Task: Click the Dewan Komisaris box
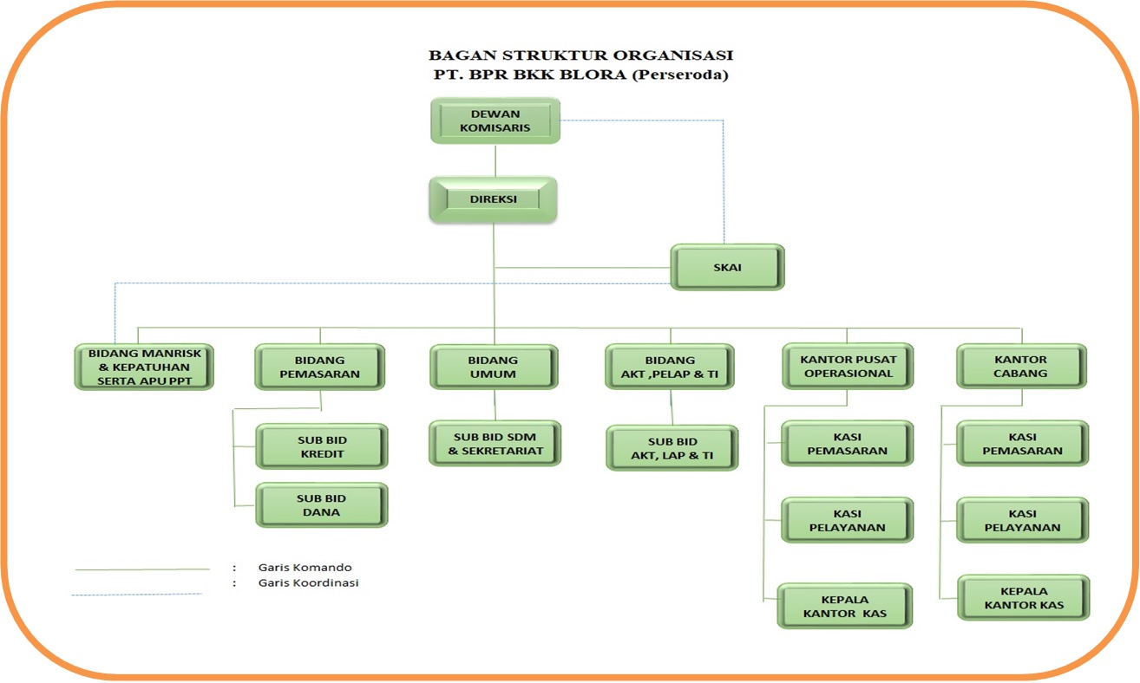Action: (495, 120)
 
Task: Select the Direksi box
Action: (493, 199)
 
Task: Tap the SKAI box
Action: (727, 267)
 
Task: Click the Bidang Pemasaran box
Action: (319, 367)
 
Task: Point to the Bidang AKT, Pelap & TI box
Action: (670, 367)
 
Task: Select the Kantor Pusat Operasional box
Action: (847, 367)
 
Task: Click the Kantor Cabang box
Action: (1021, 367)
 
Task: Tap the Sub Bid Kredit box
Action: (321, 446)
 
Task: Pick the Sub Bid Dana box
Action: (321, 505)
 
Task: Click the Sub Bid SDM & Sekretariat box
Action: (495, 444)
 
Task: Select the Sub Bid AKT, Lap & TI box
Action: (672, 448)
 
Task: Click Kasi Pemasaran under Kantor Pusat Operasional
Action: (847, 444)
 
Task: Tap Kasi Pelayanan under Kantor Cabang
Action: (1022, 520)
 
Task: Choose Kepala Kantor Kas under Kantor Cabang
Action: (1023, 597)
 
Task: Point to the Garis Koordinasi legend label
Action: (308, 583)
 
